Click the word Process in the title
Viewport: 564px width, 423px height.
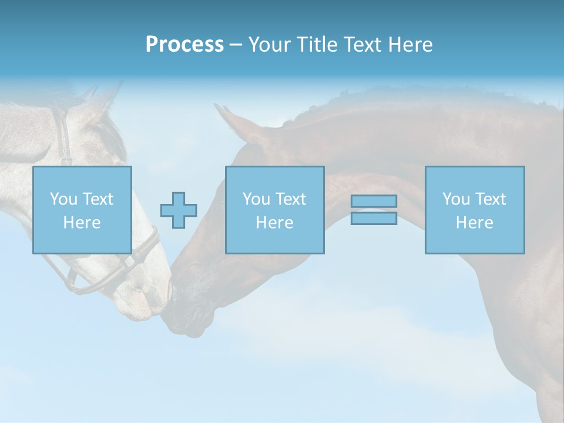pos(184,45)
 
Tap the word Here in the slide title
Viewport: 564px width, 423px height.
pos(409,45)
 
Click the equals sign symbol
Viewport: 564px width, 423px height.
pos(374,210)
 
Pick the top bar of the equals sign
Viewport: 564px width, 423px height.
pos(374,202)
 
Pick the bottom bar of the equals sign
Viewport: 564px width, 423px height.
pos(374,218)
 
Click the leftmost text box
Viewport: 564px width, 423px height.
pos(82,210)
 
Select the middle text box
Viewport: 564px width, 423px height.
pos(274,210)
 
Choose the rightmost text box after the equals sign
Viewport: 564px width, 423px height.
pos(475,210)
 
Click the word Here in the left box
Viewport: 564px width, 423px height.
pos(82,223)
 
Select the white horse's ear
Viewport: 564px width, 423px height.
pos(106,100)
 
